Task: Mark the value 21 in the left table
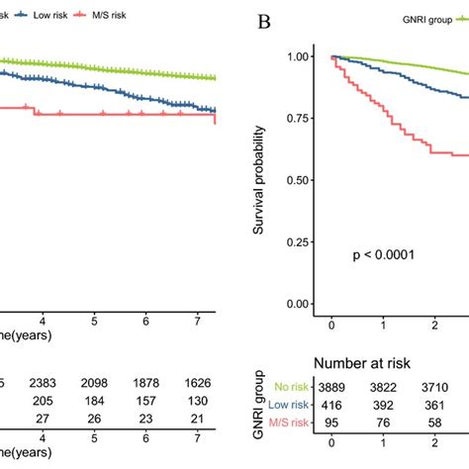[196, 418]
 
